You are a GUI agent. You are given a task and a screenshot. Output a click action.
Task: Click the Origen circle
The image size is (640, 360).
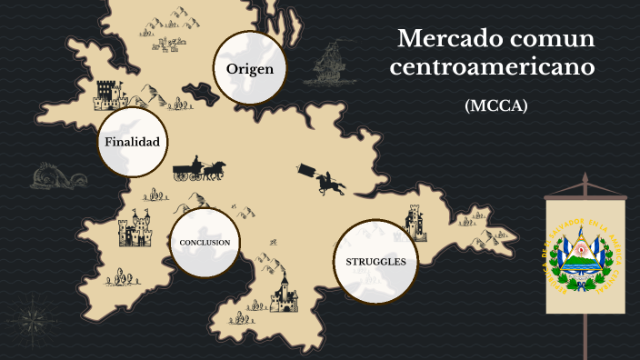click(x=250, y=68)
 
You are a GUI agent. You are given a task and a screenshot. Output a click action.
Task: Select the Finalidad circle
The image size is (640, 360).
click(x=133, y=142)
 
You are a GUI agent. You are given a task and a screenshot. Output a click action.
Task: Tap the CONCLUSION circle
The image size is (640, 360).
click(x=205, y=242)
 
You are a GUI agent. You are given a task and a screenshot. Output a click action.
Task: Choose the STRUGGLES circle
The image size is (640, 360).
click(x=375, y=262)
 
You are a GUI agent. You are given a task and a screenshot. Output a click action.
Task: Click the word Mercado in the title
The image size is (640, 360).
click(x=444, y=40)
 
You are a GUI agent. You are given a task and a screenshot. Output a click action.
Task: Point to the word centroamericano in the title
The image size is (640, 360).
click(x=496, y=68)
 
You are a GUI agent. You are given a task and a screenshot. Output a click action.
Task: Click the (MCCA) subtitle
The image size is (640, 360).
click(x=496, y=105)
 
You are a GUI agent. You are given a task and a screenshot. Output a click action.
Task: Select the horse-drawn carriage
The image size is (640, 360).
click(x=199, y=169)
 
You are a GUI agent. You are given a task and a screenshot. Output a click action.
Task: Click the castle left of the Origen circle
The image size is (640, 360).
click(x=108, y=93)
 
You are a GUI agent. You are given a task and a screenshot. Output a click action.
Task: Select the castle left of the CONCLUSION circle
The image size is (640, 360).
click(x=136, y=228)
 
